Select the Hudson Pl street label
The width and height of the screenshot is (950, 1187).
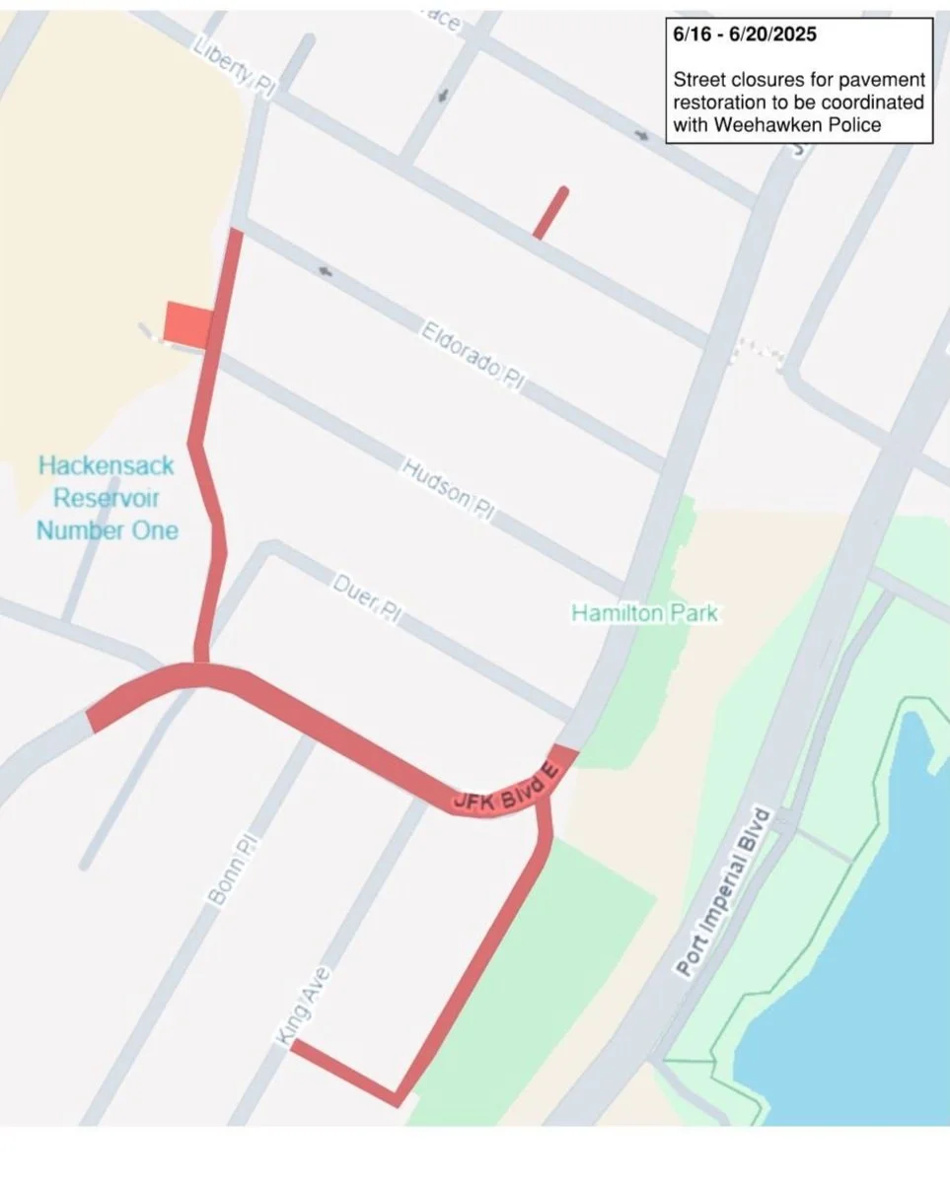click(x=448, y=483)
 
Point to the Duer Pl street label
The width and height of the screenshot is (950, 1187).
click(x=366, y=597)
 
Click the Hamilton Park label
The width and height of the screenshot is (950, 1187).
click(x=645, y=614)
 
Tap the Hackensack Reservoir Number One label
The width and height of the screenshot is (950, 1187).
click(x=108, y=498)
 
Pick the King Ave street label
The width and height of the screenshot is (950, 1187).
click(x=304, y=1006)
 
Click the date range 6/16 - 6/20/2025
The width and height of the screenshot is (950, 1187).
click(x=745, y=35)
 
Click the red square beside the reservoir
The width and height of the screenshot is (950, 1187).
click(x=187, y=323)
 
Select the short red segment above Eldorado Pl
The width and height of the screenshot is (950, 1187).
click(x=550, y=212)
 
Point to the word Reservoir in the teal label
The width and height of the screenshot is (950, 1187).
click(x=107, y=498)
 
